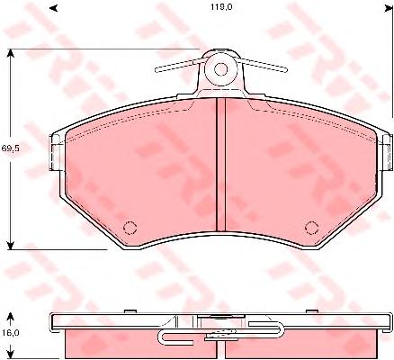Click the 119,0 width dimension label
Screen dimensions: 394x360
tap(221, 7)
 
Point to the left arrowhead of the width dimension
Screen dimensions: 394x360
tap(53, 8)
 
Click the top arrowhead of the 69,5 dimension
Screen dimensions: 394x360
tap(11, 53)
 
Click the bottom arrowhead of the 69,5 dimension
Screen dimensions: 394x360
tap(11, 245)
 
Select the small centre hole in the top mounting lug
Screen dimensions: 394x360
tap(220, 69)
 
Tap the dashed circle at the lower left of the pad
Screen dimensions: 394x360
tap(130, 228)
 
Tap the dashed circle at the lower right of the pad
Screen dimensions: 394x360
tap(311, 228)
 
